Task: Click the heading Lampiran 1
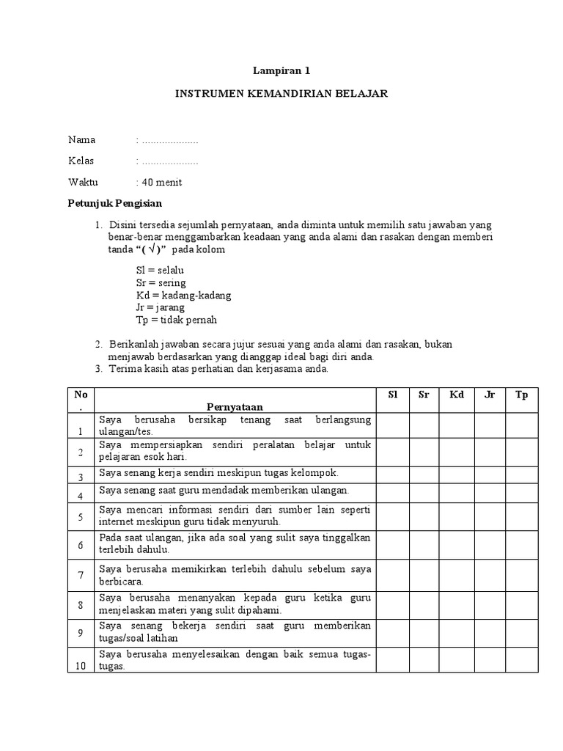(281, 71)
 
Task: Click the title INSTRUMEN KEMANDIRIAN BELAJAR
(281, 94)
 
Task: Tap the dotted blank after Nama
(169, 140)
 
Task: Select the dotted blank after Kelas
(169, 161)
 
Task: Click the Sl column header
(392, 395)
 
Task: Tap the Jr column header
(490, 395)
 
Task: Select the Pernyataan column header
(235, 406)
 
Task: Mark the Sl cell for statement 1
(392, 425)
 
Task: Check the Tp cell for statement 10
(521, 660)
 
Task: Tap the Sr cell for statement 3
(424, 473)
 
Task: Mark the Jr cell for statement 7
(490, 574)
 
